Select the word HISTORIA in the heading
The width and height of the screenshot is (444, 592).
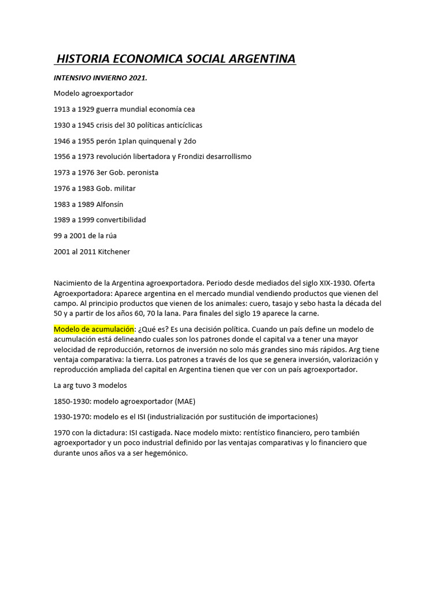click(84, 59)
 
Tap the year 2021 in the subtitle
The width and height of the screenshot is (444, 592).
click(136, 77)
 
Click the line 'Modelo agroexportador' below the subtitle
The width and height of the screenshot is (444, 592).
click(94, 93)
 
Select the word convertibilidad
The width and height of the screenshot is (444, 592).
click(121, 220)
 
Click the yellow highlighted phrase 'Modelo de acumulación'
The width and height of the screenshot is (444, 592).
click(94, 329)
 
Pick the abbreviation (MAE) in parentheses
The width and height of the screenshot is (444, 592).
click(185, 401)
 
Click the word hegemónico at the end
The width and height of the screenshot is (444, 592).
click(167, 453)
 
